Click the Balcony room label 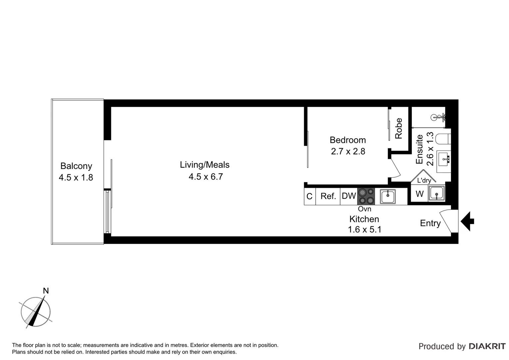click(x=76, y=166)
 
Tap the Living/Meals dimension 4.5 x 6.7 click(x=206, y=177)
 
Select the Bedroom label click(x=347, y=140)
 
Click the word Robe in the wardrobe click(x=399, y=128)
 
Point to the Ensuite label click(x=420, y=149)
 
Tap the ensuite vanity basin click(x=444, y=160)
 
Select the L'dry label click(x=424, y=180)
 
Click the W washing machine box click(x=419, y=194)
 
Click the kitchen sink click(x=388, y=196)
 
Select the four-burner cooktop click(x=366, y=196)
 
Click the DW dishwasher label click(x=349, y=196)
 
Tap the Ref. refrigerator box click(x=328, y=196)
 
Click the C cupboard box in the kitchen click(x=309, y=196)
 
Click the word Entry click(x=430, y=223)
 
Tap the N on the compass click(x=46, y=291)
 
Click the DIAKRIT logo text click(x=487, y=346)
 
